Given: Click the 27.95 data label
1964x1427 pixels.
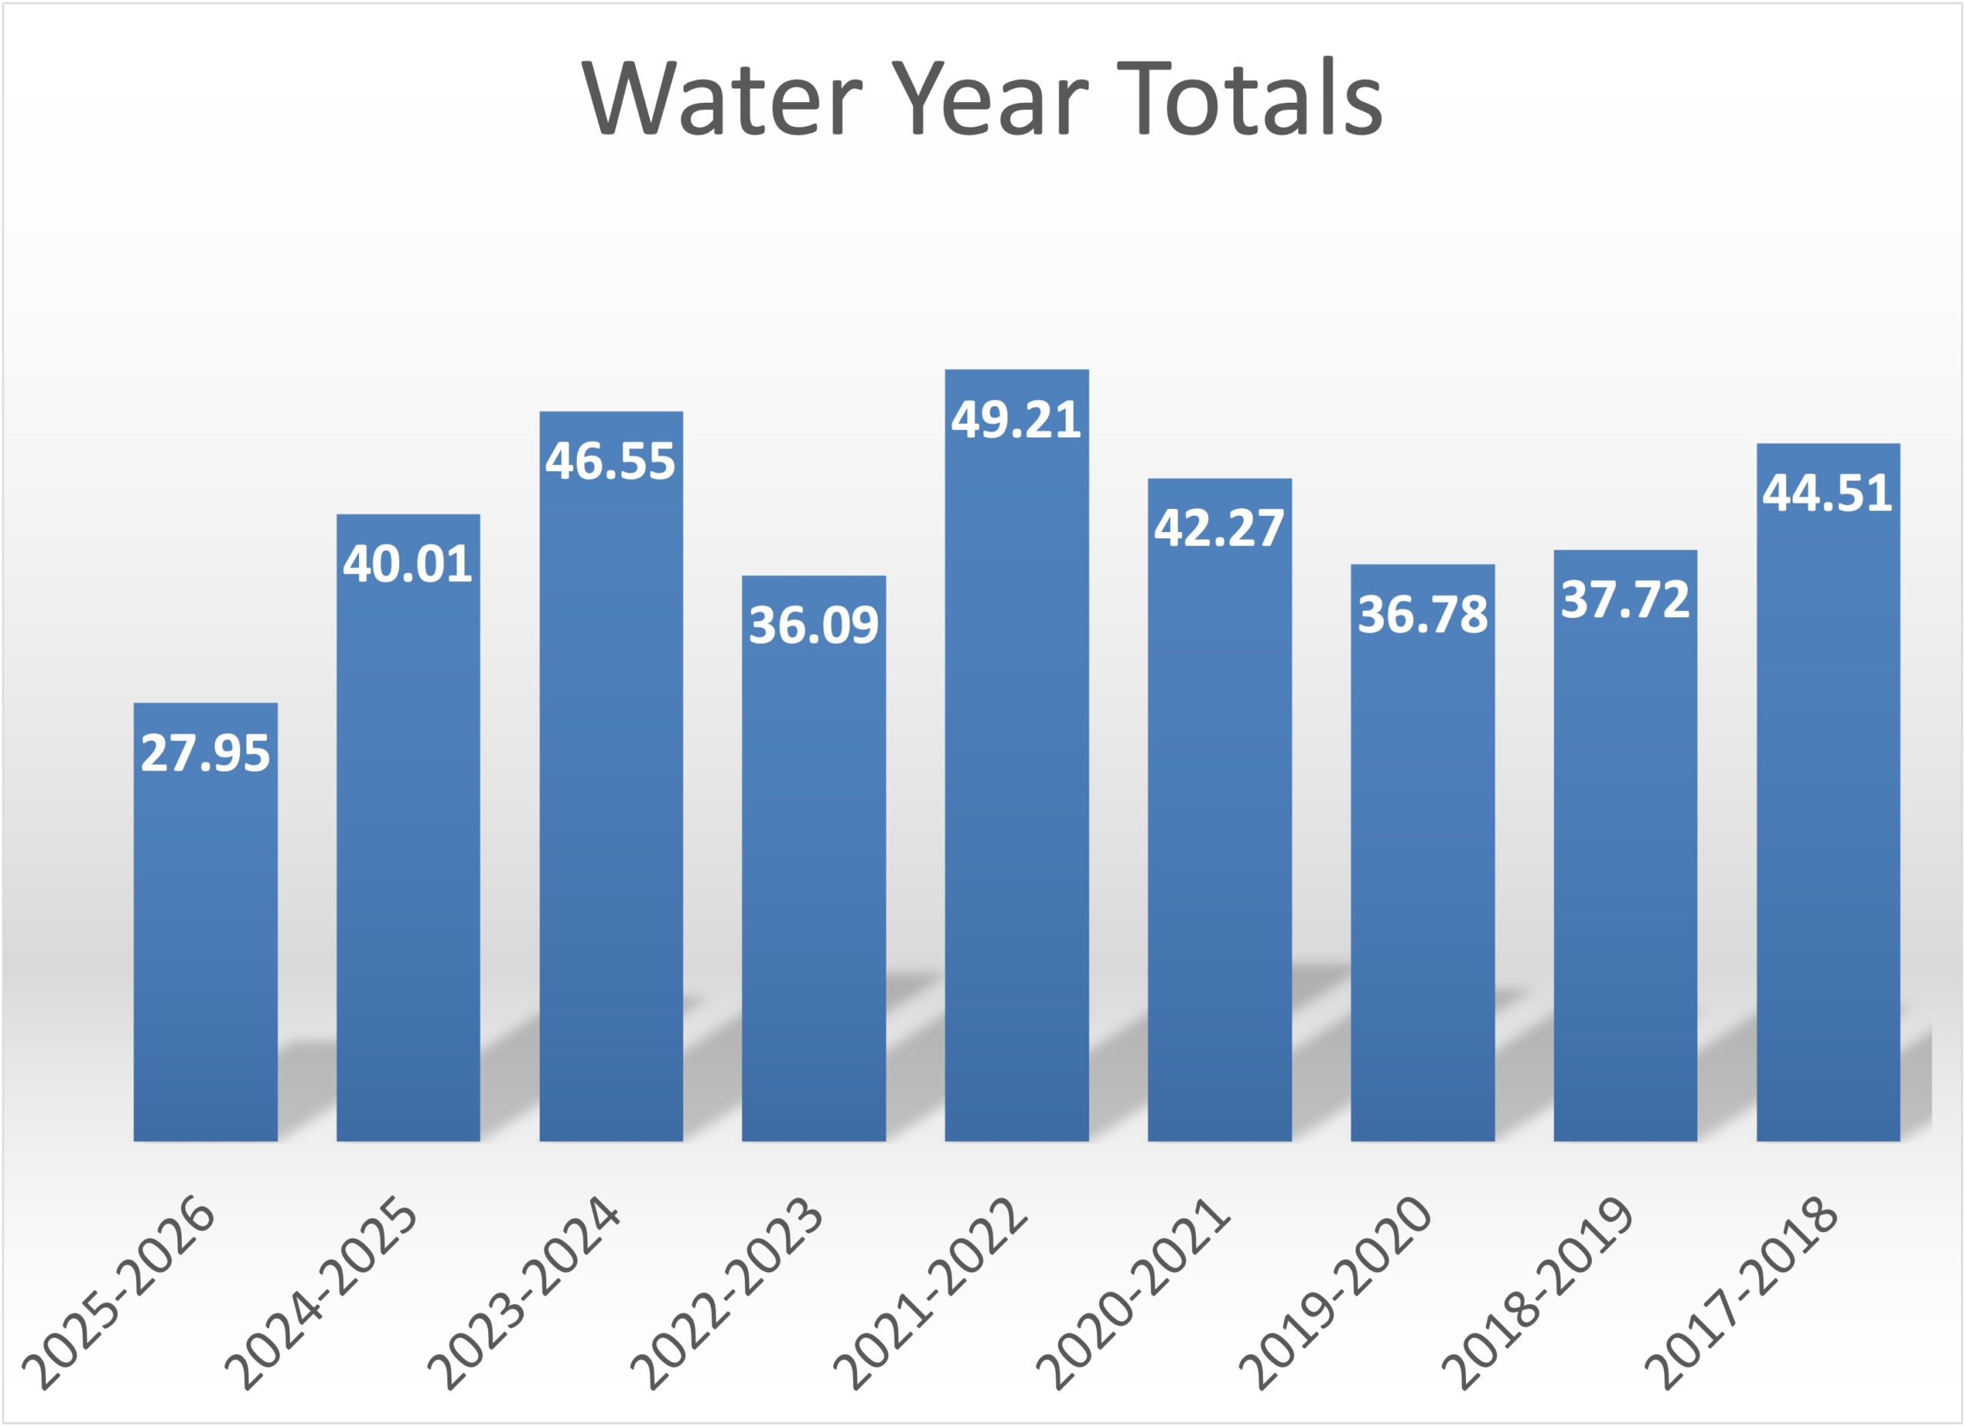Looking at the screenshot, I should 206,752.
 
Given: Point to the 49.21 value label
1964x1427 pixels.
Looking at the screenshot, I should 1016,419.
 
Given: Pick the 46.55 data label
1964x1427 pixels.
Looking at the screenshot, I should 611,460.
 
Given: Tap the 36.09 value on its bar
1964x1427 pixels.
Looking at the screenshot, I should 813,625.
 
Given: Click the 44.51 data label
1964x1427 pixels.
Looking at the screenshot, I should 1827,493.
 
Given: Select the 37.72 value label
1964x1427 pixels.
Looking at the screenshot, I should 1625,600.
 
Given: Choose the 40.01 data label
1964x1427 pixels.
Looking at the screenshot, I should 408,563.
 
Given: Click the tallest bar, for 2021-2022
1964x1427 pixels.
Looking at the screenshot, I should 1016,780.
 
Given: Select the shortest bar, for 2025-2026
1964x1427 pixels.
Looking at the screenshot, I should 206,953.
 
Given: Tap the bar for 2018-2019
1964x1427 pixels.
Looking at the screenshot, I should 1625,867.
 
